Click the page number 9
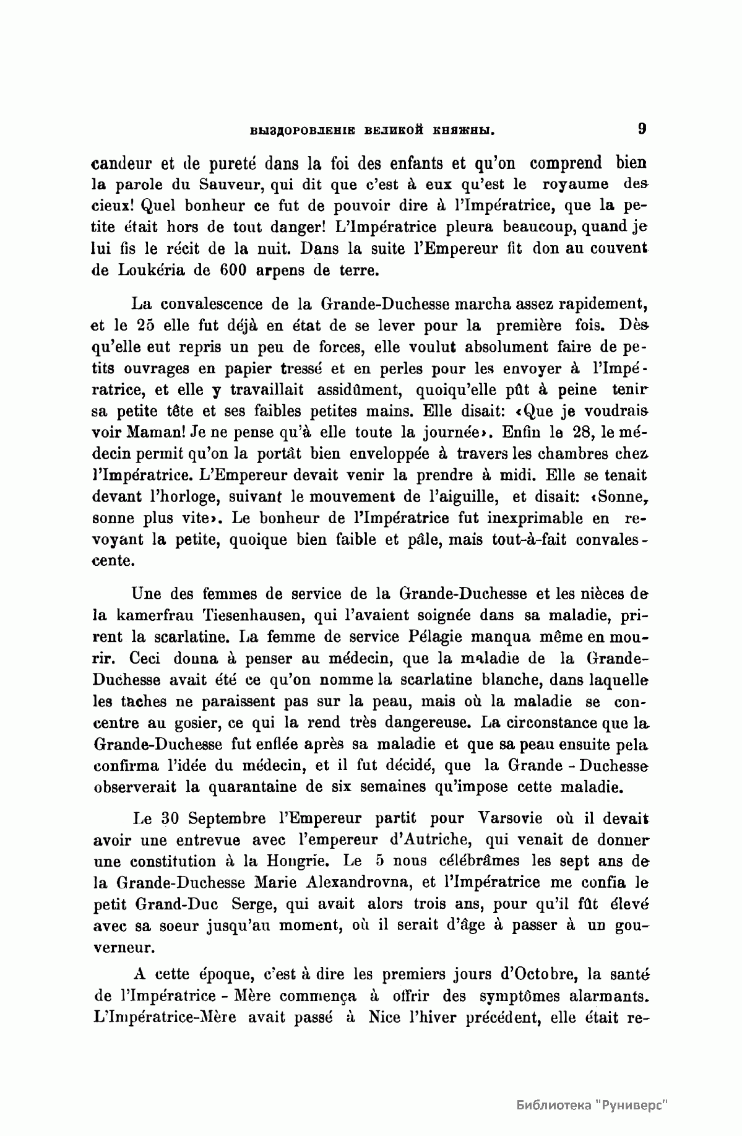click(x=642, y=129)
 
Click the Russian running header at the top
click(x=373, y=131)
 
